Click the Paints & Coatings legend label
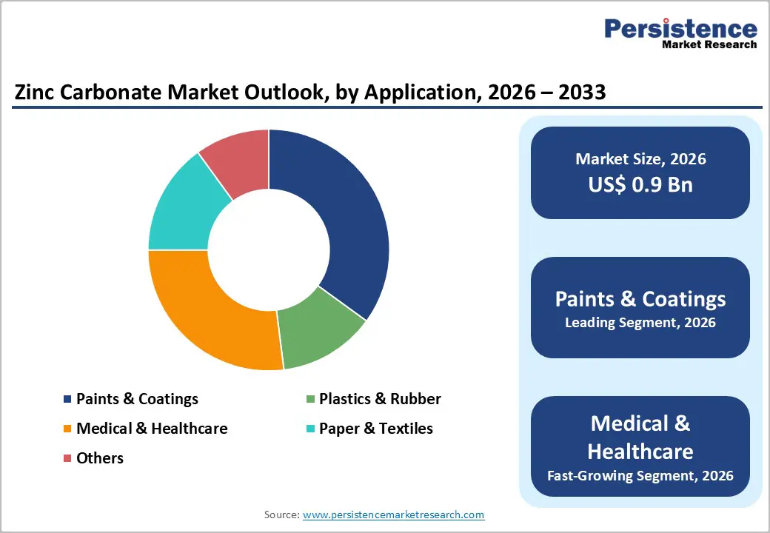point(137,399)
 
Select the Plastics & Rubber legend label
point(380,399)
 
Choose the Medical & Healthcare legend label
point(152,429)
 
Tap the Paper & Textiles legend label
point(375,429)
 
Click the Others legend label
point(100,458)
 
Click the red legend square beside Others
point(67,458)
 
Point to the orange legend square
point(67,429)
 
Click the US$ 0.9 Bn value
point(640,184)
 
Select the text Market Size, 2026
point(640,158)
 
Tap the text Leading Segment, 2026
point(640,323)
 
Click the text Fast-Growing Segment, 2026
point(640,475)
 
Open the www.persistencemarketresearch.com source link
point(393,514)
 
